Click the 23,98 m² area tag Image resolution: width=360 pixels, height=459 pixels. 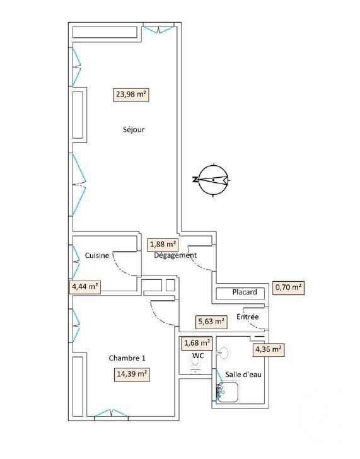point(131,95)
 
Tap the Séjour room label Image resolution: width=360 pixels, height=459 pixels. point(134,129)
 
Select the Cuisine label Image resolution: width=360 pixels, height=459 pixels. point(97,255)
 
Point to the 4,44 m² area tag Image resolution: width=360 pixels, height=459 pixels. point(85,287)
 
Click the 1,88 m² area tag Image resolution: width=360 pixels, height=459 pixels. point(163,245)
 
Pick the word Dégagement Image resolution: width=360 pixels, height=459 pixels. point(175,255)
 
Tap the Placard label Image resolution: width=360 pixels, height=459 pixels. point(245,292)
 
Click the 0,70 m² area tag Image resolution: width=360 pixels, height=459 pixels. point(288,288)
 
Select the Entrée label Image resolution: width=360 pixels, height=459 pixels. point(248,317)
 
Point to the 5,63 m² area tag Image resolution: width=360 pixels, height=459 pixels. point(211,322)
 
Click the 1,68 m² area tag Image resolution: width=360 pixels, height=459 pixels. point(197,342)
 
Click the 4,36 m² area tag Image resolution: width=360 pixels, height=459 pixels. point(269,349)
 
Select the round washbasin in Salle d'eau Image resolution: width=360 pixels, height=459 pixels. point(224,353)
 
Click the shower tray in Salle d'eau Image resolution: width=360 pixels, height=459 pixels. point(228,392)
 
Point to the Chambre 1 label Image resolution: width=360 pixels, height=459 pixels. point(127,358)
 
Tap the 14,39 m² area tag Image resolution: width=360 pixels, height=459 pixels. point(132,375)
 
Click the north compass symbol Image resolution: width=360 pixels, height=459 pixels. point(212,180)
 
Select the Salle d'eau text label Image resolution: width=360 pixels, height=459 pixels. point(243,375)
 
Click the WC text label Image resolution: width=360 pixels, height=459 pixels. point(198,356)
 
